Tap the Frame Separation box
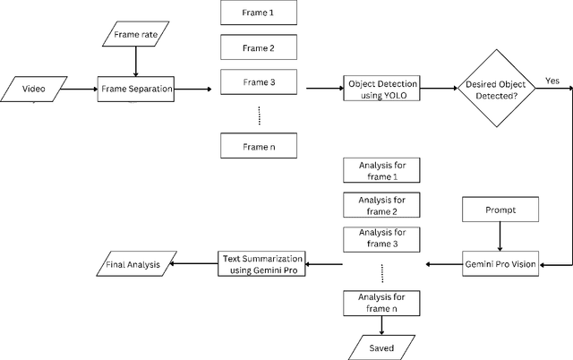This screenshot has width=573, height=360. click(x=135, y=89)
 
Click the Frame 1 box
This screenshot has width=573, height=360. click(x=259, y=14)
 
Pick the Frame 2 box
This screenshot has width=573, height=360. click(x=259, y=47)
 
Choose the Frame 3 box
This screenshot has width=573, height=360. click(x=259, y=81)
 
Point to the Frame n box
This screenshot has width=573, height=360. click(x=259, y=145)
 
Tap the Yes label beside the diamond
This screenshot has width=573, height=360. click(x=552, y=81)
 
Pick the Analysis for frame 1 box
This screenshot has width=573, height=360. click(x=381, y=170)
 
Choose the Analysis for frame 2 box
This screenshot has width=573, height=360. click(x=381, y=205)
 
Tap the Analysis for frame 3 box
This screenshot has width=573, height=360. click(x=381, y=238)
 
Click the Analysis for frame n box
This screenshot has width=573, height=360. click(x=381, y=302)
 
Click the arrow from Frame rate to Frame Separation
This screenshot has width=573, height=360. click(x=135, y=63)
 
